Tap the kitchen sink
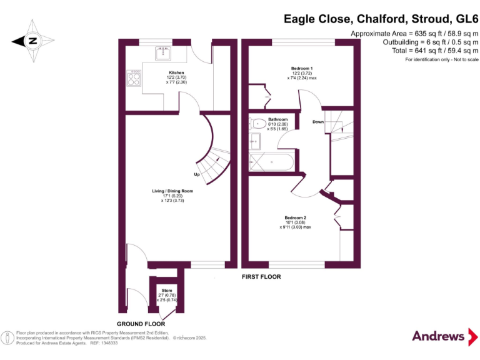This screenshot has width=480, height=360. tap(164, 54)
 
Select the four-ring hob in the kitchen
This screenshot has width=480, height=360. tap(133, 78)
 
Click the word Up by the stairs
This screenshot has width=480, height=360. tap(197, 174)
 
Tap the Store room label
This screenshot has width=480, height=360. tap(166, 291)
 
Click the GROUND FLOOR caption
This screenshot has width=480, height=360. tap(141, 324)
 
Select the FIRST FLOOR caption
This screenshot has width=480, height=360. tap(262, 276)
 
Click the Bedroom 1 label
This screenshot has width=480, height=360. tap(302, 67)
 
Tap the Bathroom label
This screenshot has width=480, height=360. tap(277, 119)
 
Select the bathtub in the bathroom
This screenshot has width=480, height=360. tap(271, 162)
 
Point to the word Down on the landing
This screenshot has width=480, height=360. tap(318, 122)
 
